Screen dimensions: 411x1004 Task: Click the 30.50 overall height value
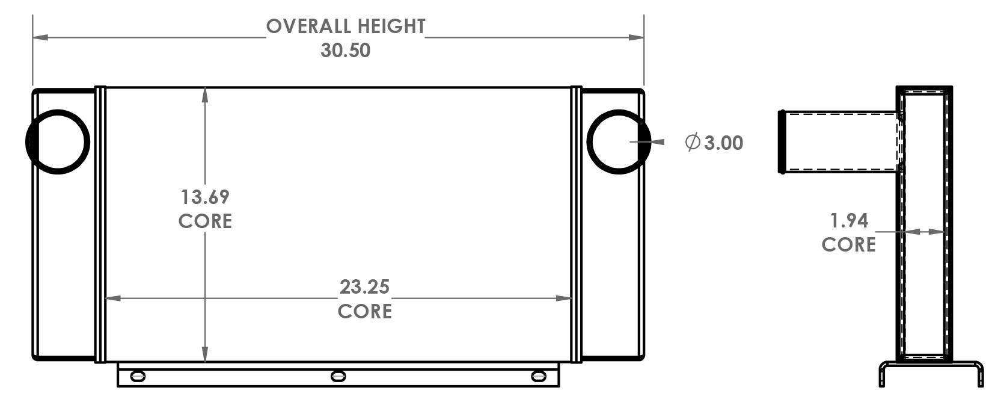pos(345,51)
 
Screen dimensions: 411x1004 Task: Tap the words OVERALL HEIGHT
pos(346,26)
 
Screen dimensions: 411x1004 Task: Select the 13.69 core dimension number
pos(205,197)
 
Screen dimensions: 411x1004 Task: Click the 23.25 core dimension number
pos(364,286)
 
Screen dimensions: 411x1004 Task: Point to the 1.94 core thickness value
pos(849,221)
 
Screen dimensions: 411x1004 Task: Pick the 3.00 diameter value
pos(724,143)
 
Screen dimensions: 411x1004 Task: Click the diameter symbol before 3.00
pos(693,143)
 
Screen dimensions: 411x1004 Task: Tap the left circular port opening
pos(58,142)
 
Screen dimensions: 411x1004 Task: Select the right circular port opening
pos(618,142)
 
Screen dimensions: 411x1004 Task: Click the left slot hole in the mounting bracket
pos(138,377)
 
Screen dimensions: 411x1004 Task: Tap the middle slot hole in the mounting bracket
pos(338,377)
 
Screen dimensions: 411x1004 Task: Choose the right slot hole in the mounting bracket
pos(539,377)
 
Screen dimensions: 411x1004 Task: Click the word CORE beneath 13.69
pos(205,221)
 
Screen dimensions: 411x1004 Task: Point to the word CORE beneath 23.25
pos(364,311)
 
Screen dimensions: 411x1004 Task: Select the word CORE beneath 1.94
pos(848,244)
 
